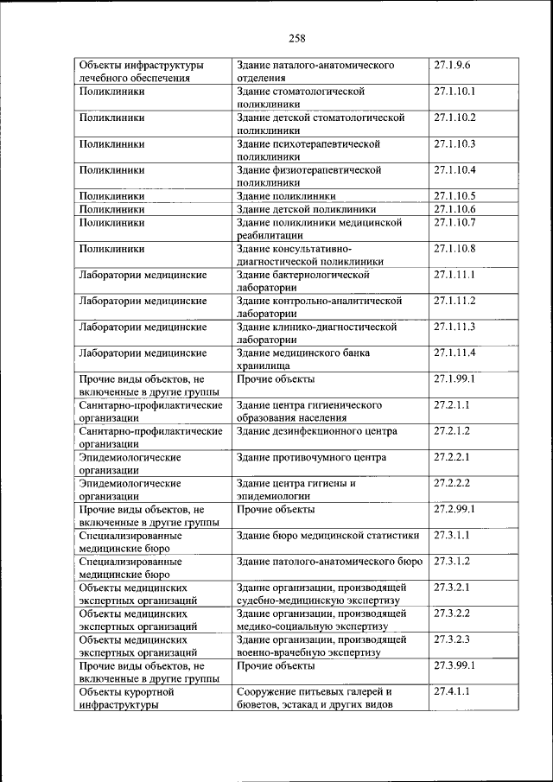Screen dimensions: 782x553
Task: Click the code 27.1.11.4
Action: pos(455,353)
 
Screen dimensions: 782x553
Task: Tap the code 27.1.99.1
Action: pos(455,378)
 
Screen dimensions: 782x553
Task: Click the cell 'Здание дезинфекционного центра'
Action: pos(317,431)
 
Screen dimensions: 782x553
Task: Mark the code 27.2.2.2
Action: pos(453,483)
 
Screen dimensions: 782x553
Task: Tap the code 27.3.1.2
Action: pos(453,562)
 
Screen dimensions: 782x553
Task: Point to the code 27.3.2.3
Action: pos(453,639)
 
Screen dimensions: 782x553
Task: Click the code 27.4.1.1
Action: pos(453,692)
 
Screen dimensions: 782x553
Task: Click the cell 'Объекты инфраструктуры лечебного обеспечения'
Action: pos(141,72)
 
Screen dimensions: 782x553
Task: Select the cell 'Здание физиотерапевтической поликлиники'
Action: pos(308,176)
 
